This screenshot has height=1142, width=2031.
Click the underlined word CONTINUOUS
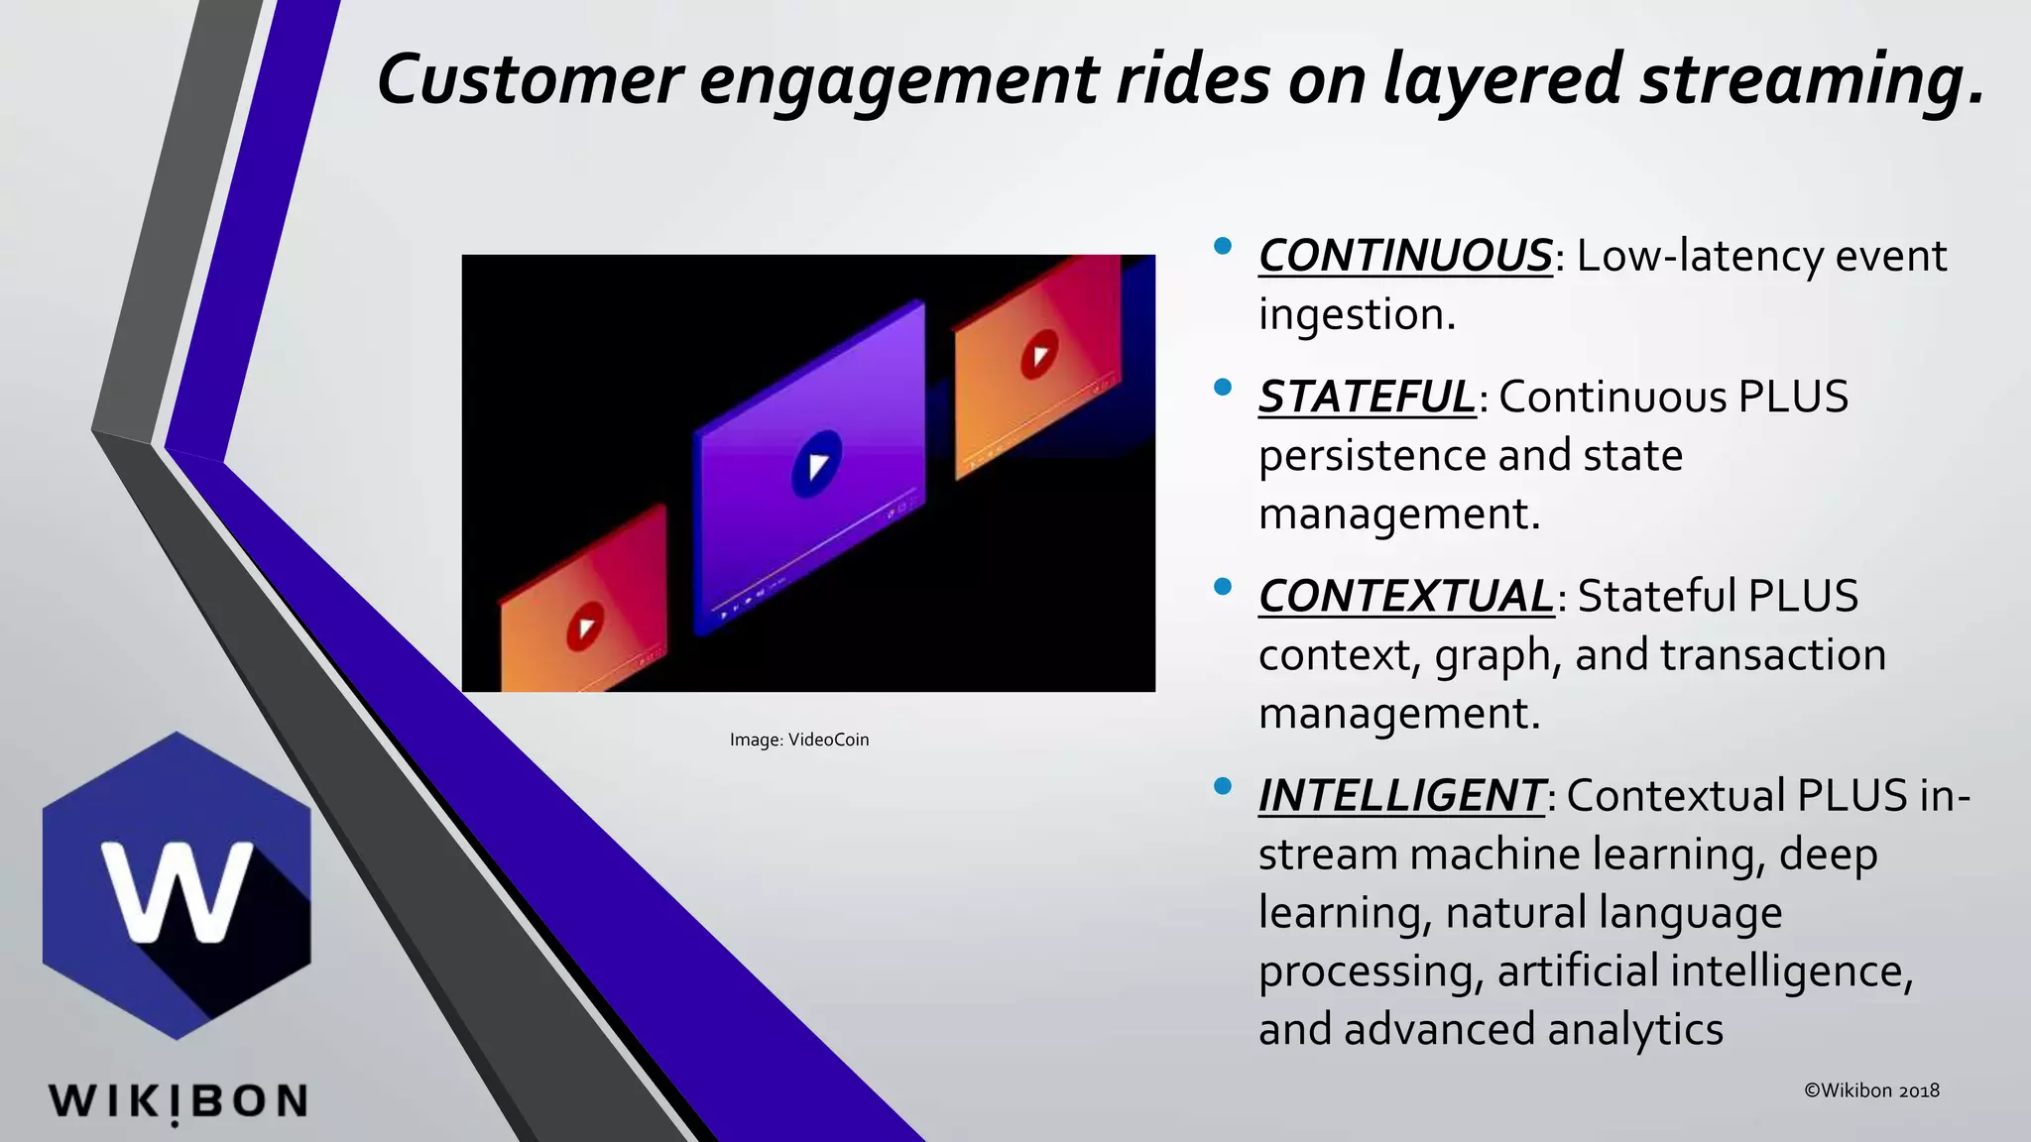click(x=1404, y=256)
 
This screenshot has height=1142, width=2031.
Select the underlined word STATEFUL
click(x=1367, y=398)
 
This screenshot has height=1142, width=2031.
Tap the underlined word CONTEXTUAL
click(x=1405, y=597)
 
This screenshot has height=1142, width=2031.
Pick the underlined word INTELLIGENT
click(x=1400, y=796)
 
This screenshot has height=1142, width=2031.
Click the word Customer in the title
click(x=530, y=79)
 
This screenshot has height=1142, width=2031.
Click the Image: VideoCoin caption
click(x=799, y=740)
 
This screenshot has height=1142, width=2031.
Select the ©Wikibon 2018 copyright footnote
click(x=1871, y=1090)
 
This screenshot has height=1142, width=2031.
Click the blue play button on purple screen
click(x=817, y=464)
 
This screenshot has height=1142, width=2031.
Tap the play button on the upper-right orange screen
click(x=1039, y=355)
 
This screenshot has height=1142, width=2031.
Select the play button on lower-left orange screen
click(x=585, y=627)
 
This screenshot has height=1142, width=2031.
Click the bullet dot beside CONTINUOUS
click(x=1222, y=245)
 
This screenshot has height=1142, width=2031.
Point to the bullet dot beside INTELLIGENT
click(x=1222, y=786)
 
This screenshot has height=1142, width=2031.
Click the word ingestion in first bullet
click(x=1356, y=315)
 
